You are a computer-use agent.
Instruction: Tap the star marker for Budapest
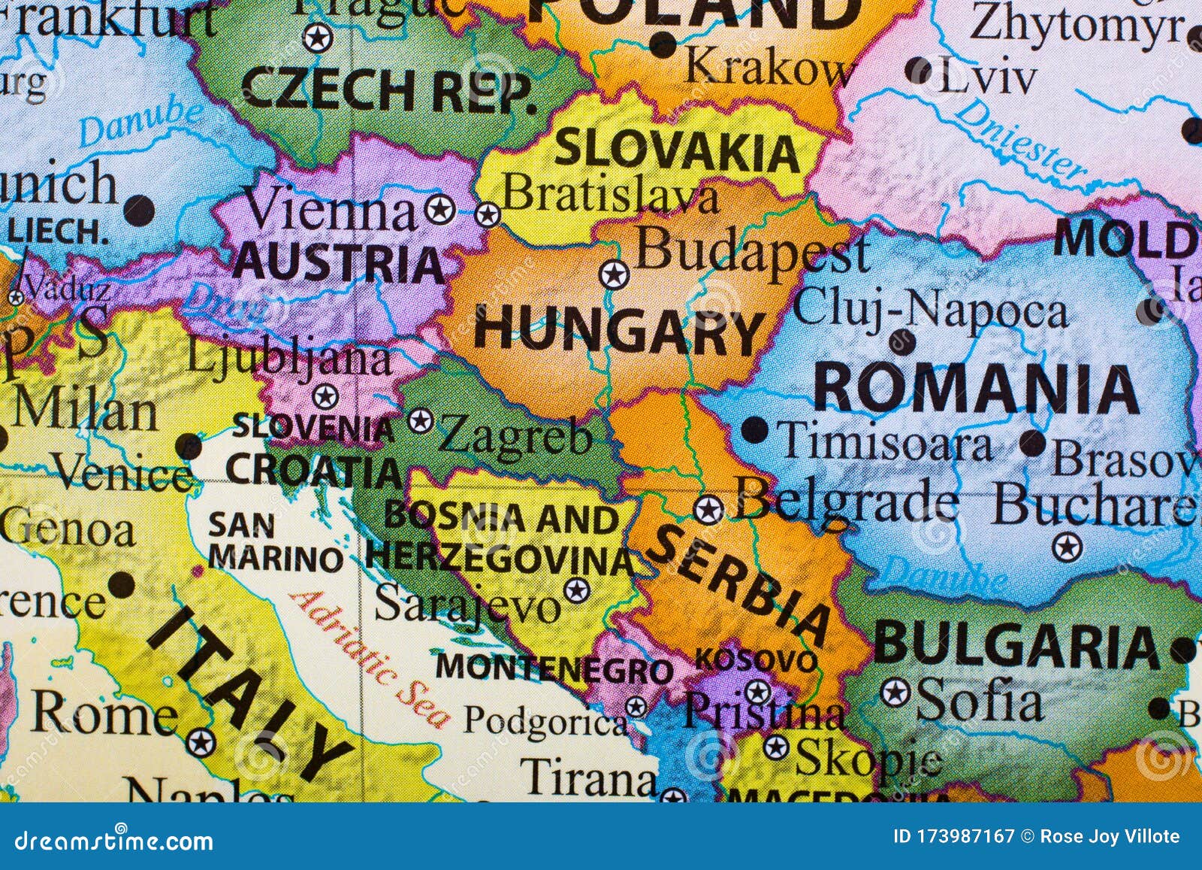[614, 274]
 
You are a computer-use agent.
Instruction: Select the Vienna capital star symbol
[440, 210]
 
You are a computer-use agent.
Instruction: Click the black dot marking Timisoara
[754, 431]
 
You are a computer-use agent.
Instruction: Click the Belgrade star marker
[708, 510]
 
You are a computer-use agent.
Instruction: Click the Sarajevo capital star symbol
[576, 590]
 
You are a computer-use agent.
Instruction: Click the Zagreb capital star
[420, 420]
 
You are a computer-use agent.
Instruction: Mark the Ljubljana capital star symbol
[325, 396]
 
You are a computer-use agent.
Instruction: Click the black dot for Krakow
[663, 44]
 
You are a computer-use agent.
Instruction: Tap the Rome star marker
[200, 742]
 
